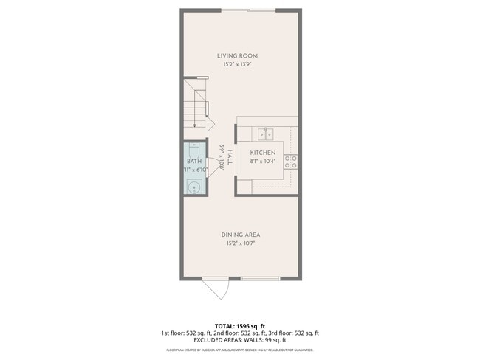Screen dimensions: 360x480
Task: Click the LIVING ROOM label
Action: point(236,56)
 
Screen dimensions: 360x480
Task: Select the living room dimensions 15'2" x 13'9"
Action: point(236,65)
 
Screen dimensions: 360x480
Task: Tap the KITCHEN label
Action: point(262,153)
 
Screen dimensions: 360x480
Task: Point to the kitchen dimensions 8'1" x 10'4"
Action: point(262,161)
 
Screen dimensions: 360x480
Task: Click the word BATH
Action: point(193,161)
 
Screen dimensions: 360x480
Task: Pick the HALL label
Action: point(230,157)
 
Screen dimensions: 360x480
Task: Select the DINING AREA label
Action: point(241,235)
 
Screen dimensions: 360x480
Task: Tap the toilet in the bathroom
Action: point(193,150)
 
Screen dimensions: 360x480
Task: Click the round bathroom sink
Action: point(195,187)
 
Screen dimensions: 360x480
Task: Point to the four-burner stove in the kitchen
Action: point(291,162)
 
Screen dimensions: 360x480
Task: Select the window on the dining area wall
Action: point(261,279)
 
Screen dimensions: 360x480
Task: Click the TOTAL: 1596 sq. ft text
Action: point(239,325)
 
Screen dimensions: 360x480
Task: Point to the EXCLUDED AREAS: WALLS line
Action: point(239,340)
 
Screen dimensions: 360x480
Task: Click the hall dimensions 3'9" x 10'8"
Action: point(222,157)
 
